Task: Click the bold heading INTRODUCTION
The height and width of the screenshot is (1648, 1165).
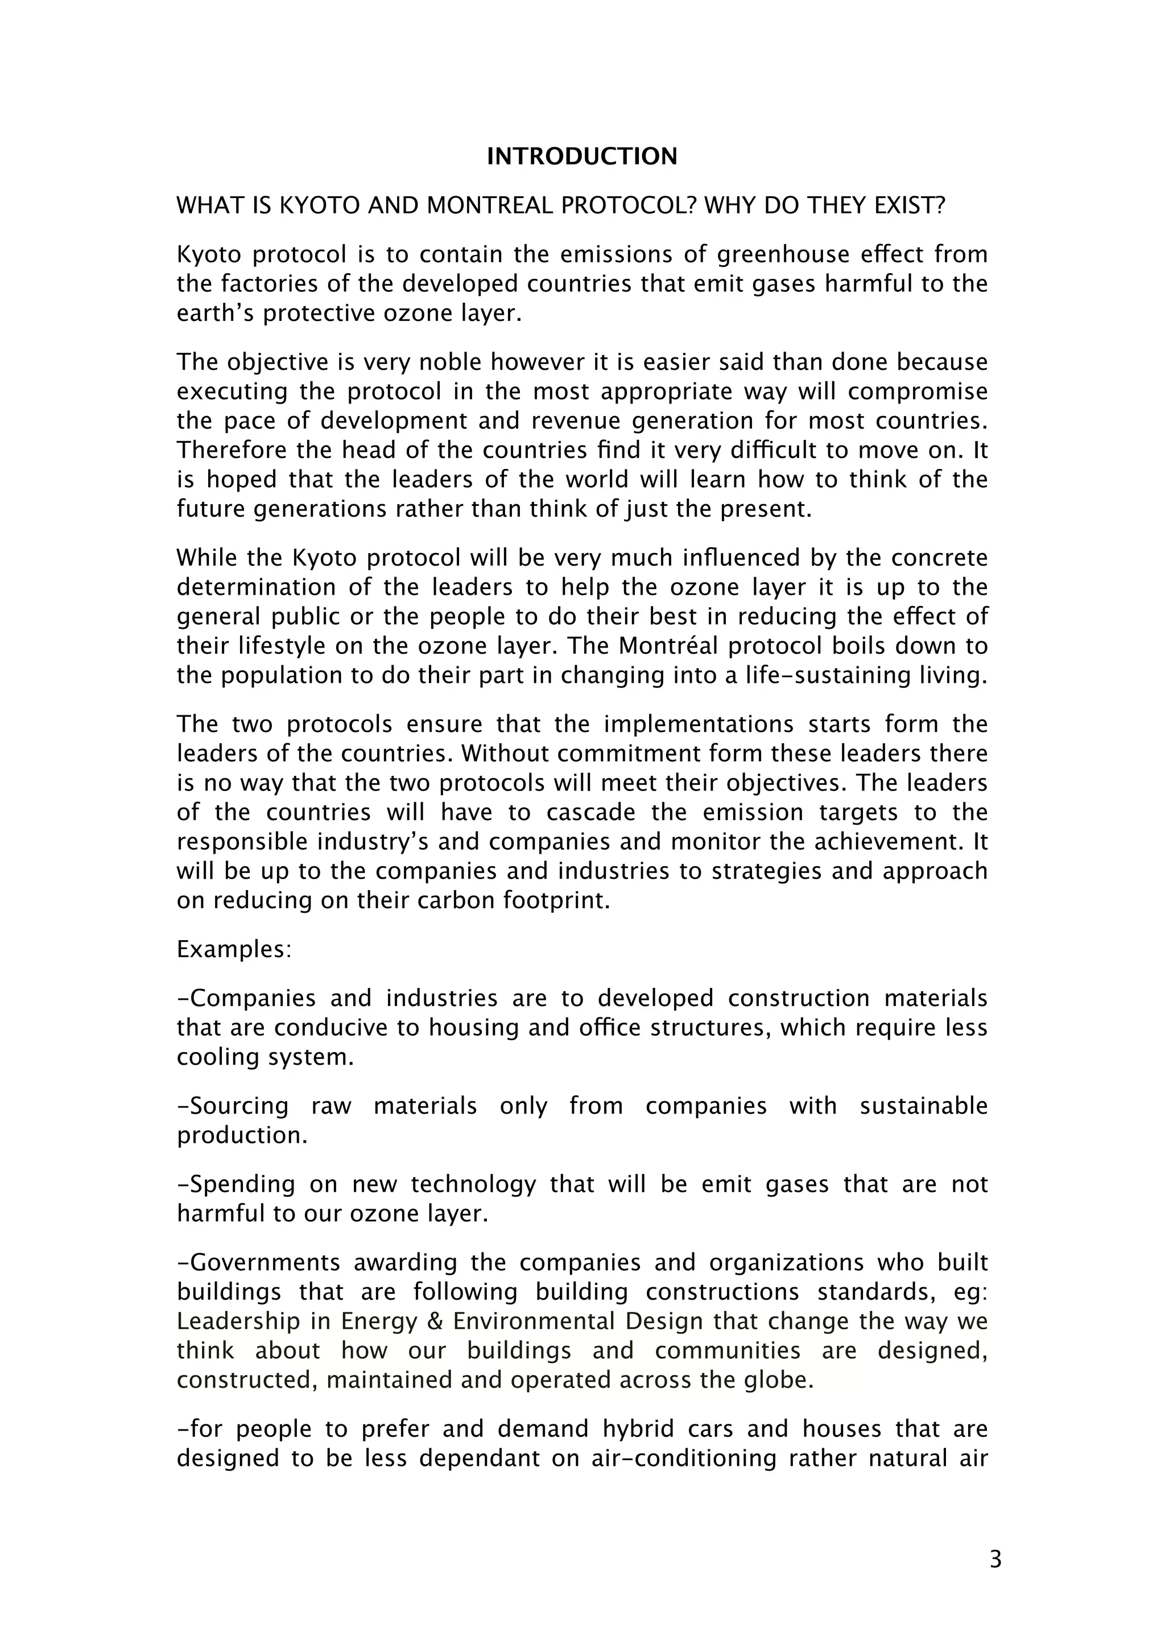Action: click(x=582, y=156)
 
